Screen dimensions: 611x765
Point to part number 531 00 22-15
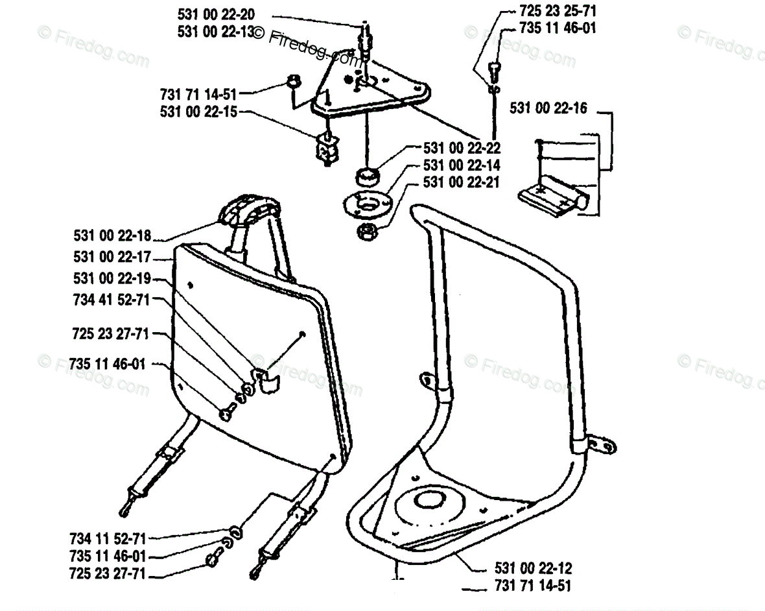coord(198,112)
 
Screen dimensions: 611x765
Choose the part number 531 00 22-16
coord(548,108)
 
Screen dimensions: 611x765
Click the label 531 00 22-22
coord(462,149)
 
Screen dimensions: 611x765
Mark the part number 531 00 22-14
coord(462,165)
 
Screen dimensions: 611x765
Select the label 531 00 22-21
coord(462,183)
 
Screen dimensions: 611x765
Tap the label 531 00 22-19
coord(112,278)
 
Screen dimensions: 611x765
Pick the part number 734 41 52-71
coord(111,300)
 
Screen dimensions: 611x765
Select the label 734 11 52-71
coord(108,538)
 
